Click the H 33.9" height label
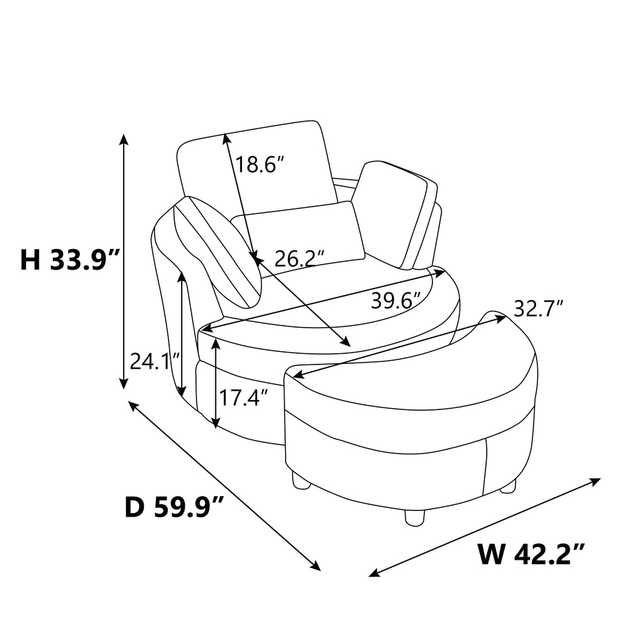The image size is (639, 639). tap(70, 260)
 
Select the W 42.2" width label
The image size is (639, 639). tap(532, 554)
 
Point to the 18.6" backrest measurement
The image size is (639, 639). tap(259, 164)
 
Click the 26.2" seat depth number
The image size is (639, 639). tap(300, 258)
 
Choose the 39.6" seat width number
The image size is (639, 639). tap(396, 301)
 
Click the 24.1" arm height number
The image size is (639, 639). tap(155, 361)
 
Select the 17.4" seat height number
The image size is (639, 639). tap(244, 398)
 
